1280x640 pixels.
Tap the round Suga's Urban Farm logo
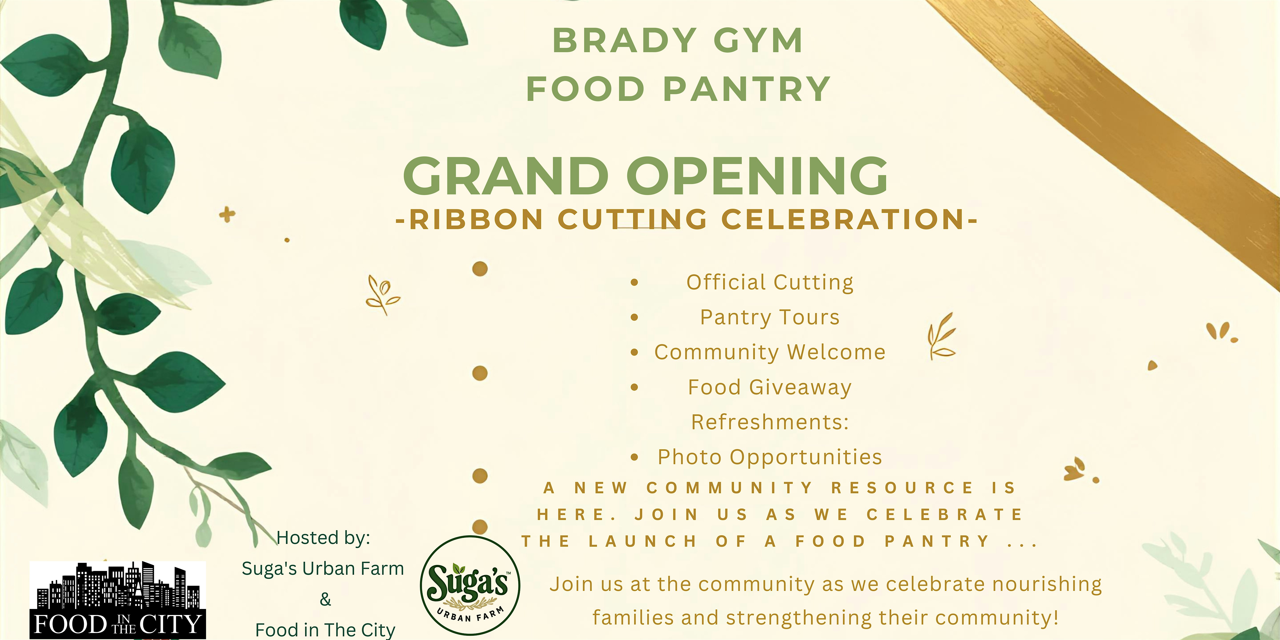(x=470, y=585)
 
